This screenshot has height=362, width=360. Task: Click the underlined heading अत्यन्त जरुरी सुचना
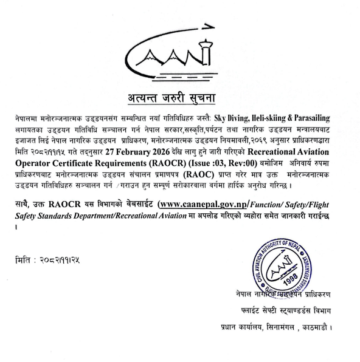(x=180, y=97)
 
